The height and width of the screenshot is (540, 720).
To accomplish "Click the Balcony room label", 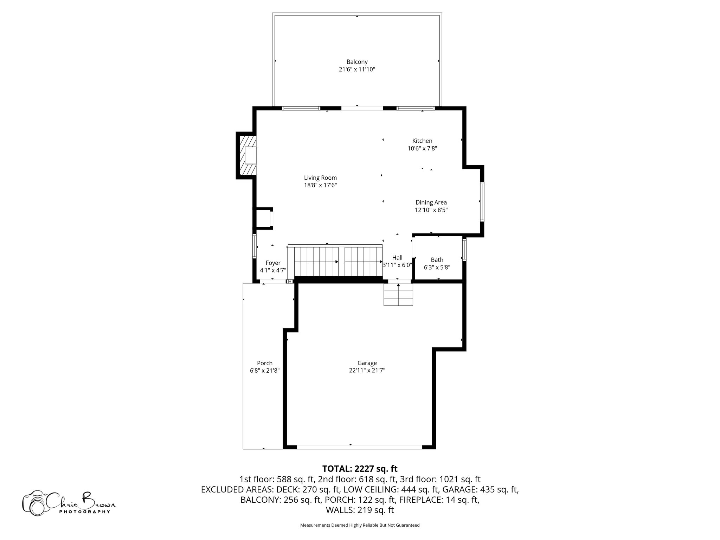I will [x=357, y=62].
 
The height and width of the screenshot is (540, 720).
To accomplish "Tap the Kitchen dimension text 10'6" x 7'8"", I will [x=422, y=149].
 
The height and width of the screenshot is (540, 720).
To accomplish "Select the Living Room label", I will [x=320, y=178].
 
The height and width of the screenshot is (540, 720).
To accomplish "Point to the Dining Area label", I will [x=431, y=202].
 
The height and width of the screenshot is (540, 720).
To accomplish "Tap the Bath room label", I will [x=437, y=260].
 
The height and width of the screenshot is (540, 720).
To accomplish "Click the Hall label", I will [x=397, y=258].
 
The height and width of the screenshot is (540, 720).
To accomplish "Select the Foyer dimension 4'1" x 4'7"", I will [x=273, y=270].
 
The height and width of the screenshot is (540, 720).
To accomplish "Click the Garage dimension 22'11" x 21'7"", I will [x=367, y=371].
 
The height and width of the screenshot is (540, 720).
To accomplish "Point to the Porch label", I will [x=265, y=363].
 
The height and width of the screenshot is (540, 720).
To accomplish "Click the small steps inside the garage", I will [x=398, y=295].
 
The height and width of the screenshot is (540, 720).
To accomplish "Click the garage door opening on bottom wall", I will [x=359, y=447].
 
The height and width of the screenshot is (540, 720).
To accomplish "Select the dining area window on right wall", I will [x=482, y=201].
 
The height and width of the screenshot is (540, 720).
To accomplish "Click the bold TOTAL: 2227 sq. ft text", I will [x=360, y=469].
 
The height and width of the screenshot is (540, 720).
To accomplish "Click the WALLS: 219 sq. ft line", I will [x=360, y=510].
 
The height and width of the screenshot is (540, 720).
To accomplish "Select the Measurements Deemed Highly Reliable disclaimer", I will [x=360, y=525].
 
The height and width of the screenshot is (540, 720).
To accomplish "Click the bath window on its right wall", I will [x=464, y=250].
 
